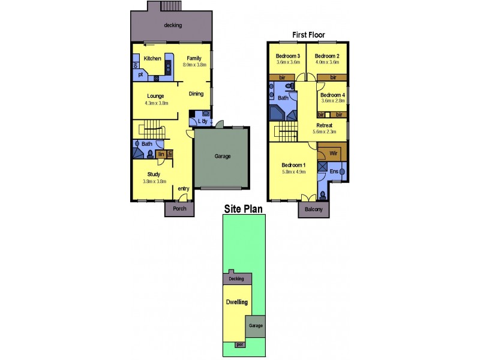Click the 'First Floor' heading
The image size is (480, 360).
point(308,35)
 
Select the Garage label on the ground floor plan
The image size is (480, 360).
point(223,156)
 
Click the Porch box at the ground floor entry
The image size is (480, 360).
point(179,209)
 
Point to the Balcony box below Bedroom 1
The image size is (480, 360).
point(313,209)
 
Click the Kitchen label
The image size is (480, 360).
point(152,58)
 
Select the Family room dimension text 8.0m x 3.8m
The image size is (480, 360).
point(194,65)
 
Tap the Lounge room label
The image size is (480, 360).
point(156,96)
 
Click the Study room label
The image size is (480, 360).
point(153,174)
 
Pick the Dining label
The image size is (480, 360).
point(196,94)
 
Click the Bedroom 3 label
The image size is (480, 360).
point(287,56)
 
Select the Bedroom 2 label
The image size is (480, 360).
point(328,56)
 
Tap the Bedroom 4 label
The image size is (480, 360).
point(332,95)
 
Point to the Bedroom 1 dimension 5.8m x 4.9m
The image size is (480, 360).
point(294,171)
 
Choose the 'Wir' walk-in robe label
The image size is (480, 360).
point(333,153)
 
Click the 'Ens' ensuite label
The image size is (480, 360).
point(334,172)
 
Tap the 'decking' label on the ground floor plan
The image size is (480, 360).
point(172,25)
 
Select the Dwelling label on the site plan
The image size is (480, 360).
point(236,302)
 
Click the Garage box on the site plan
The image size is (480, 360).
point(256,326)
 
